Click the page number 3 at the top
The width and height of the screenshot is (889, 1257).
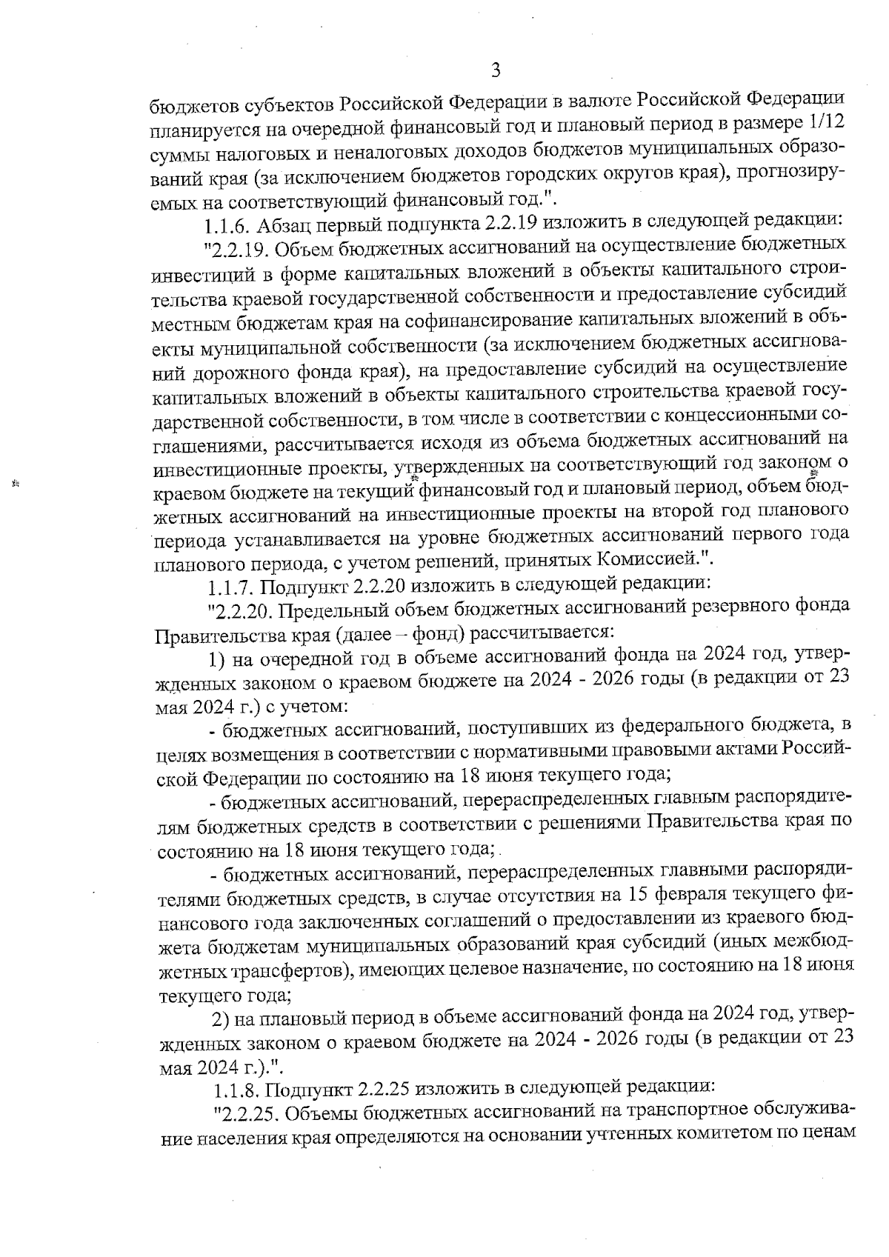pyautogui.click(x=496, y=70)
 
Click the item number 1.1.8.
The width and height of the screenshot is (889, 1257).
pyautogui.click(x=236, y=1090)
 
